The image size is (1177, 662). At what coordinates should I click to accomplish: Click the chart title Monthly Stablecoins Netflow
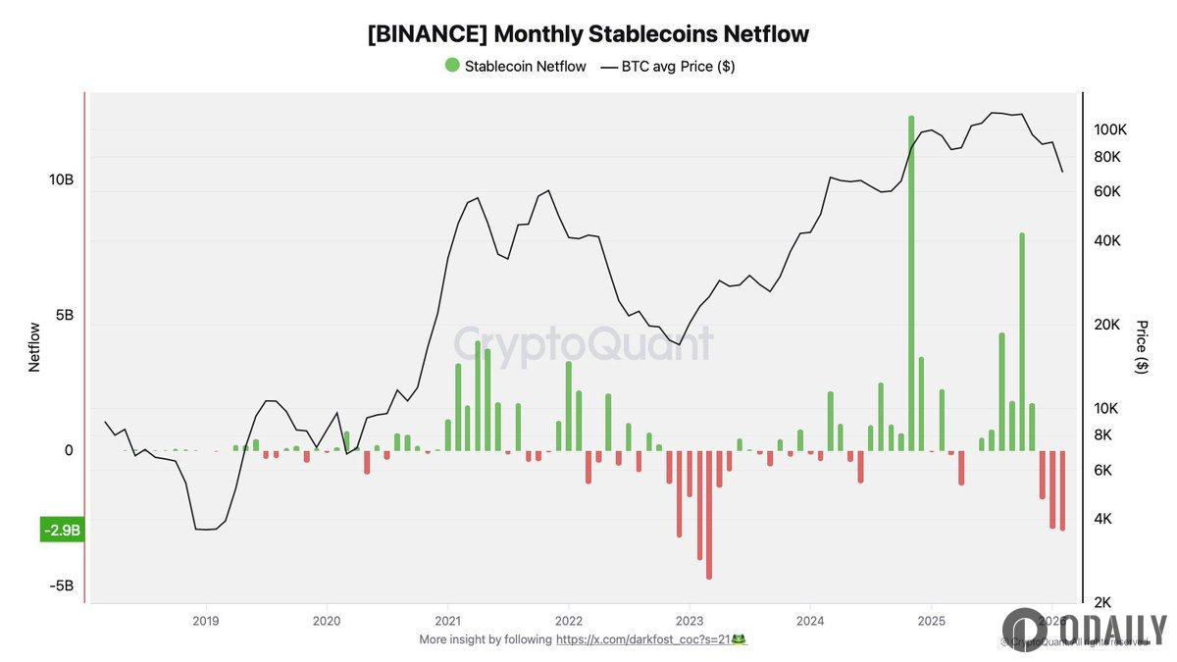[x=588, y=33]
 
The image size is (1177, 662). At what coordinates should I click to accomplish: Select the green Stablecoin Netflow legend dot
[x=451, y=66]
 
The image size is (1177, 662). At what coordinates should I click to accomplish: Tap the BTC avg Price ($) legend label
[x=678, y=67]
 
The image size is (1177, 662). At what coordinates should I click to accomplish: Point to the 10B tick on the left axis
[x=61, y=180]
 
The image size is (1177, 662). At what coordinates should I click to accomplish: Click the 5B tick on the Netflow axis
[x=62, y=316]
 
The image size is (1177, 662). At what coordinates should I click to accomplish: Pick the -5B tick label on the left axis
[x=62, y=586]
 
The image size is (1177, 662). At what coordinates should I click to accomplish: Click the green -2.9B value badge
[x=62, y=531]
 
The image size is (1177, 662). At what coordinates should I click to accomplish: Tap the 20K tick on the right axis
[x=1106, y=325]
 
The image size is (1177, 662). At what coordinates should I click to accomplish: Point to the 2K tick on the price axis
[x=1102, y=602]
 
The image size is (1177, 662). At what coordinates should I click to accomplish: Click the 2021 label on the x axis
[x=447, y=621]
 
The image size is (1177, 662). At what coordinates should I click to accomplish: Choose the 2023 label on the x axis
[x=690, y=621]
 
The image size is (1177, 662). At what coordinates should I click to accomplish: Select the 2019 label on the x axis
[x=205, y=621]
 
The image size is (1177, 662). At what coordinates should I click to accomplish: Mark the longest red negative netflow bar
[x=709, y=515]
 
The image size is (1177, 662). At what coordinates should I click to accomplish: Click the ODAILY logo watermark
[x=1084, y=630]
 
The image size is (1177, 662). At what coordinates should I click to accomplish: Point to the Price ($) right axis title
[x=1141, y=346]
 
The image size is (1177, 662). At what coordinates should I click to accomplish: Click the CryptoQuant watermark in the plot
[x=583, y=345]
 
